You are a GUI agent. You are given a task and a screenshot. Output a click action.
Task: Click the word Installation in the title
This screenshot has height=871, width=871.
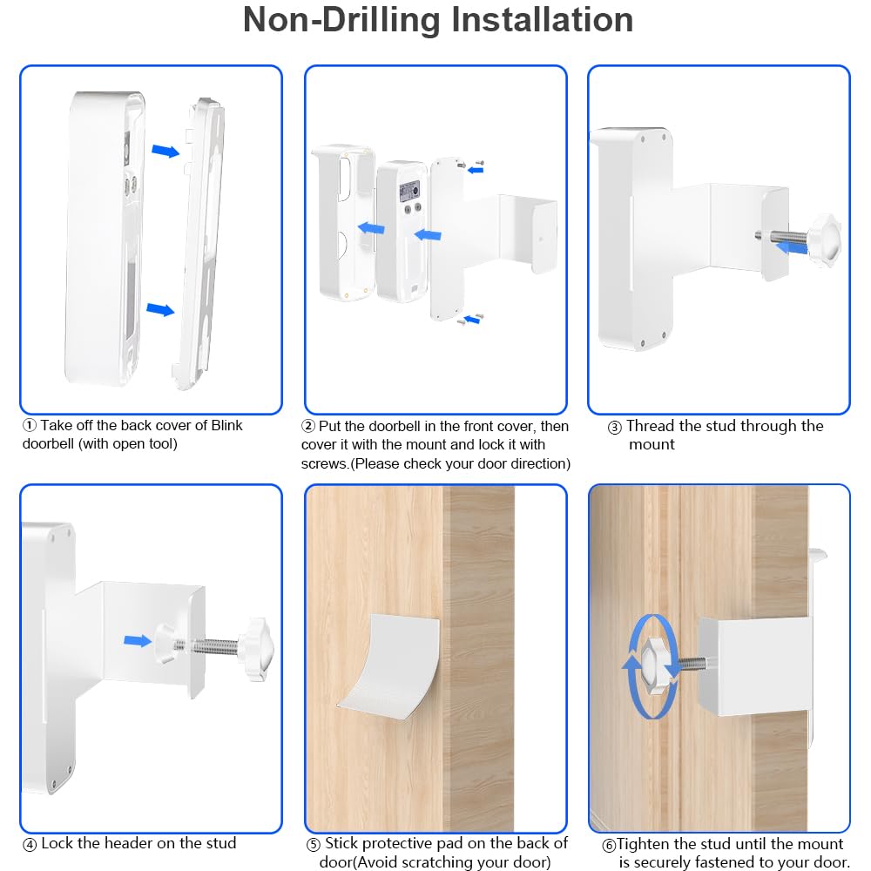click(x=542, y=20)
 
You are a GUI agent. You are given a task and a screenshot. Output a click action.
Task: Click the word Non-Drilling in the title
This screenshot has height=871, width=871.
click(x=342, y=20)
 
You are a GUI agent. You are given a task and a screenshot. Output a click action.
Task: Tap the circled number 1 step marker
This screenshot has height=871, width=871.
click(x=30, y=426)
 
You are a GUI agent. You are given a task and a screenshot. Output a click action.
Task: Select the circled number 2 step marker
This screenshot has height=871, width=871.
click(x=308, y=426)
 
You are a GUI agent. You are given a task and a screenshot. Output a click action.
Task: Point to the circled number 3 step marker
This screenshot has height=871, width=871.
click(x=614, y=427)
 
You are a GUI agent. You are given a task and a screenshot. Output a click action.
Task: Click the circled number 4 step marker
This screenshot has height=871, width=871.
click(x=30, y=845)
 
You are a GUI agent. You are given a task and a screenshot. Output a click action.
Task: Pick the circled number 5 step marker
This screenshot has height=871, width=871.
click(x=314, y=845)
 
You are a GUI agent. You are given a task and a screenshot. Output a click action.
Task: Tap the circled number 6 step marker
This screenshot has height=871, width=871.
click(x=610, y=846)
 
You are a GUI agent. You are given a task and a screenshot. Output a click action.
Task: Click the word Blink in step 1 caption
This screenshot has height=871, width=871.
click(x=226, y=425)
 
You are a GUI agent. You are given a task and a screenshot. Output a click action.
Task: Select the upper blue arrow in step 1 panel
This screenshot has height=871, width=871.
click(x=165, y=150)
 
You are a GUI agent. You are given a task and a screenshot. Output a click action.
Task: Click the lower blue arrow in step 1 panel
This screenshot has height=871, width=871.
click(x=160, y=309)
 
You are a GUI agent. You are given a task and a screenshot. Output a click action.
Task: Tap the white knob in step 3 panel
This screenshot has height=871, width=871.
click(x=824, y=237)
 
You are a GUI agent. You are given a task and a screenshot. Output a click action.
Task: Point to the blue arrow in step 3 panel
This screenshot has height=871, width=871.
click(x=792, y=247)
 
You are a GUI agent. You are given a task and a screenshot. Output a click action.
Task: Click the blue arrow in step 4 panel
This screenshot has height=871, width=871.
click(x=138, y=641)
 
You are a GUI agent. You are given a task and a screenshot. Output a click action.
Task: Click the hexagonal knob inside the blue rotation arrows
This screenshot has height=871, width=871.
click(x=656, y=665)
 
